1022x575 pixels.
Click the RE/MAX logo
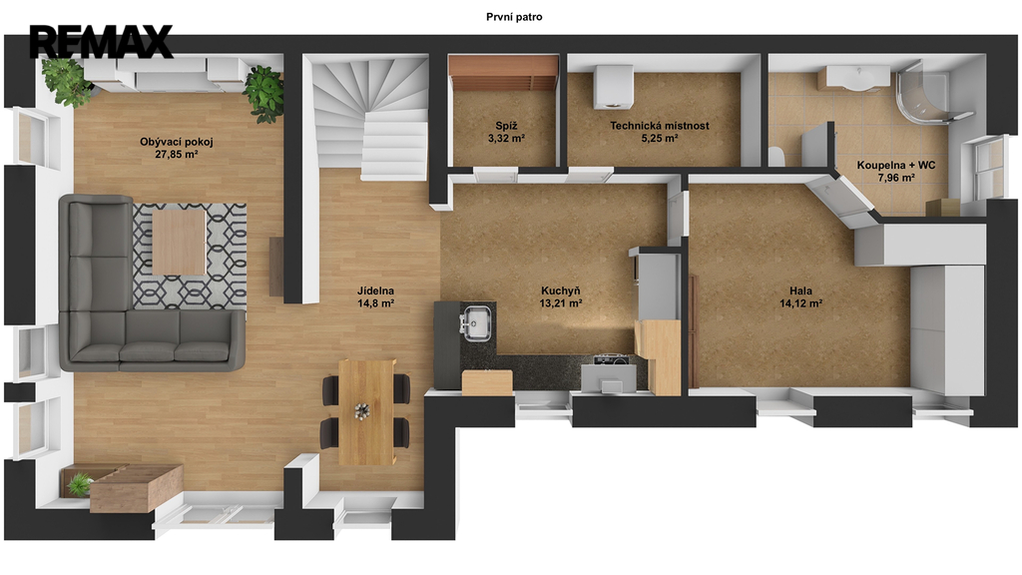click(101, 42)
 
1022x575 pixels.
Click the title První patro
click(514, 17)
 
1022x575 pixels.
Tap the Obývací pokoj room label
click(176, 142)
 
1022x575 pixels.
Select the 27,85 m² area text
click(176, 155)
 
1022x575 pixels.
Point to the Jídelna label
click(375, 290)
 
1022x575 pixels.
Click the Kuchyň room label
click(561, 290)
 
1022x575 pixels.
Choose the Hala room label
click(800, 290)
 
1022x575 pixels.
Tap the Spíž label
click(506, 126)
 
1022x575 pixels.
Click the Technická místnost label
click(660, 126)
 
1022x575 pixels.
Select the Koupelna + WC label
click(895, 165)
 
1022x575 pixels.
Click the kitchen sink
click(477, 322)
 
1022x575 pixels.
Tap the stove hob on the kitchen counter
click(611, 358)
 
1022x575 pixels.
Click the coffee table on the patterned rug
click(179, 241)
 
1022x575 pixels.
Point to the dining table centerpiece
click(361, 411)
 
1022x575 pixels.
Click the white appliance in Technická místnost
click(614, 87)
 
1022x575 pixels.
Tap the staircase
click(368, 118)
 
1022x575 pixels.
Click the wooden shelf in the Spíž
click(503, 72)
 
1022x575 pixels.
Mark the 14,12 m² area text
click(800, 303)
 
